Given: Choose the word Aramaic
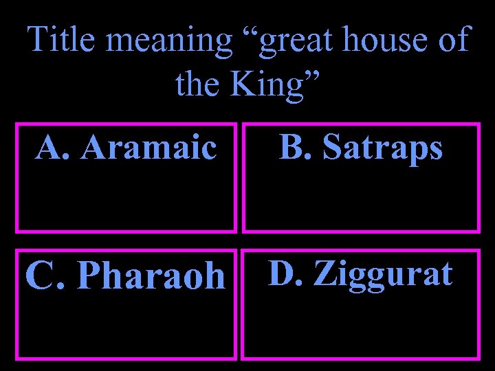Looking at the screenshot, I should click(147, 147).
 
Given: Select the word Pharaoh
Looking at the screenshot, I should click(151, 276).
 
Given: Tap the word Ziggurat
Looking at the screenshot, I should click(383, 273).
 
